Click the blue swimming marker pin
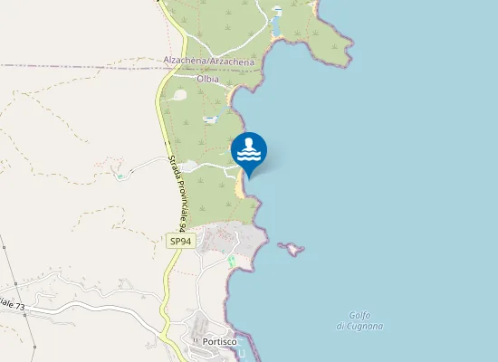pos(249,153)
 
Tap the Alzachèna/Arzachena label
pos(208,60)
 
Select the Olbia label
pos(208,79)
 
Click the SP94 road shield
pos(180,241)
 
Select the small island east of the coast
pos(290,247)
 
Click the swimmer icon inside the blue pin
pos(249,149)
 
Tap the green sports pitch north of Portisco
pos(231,262)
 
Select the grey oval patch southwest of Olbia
pos(180,94)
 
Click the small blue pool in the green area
pos(210,119)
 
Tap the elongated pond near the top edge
pos(275,24)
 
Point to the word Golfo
pos(358,314)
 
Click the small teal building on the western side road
pos(120,176)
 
